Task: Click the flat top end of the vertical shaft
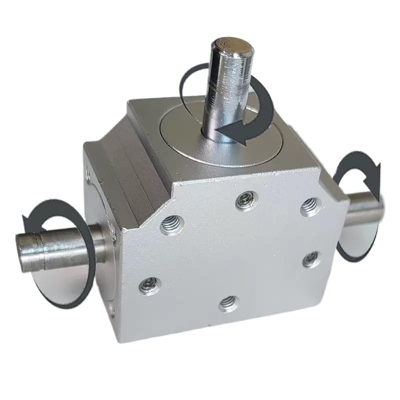[x=229, y=46]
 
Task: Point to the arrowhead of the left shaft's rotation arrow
[x=30, y=218]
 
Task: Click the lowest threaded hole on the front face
[x=228, y=301]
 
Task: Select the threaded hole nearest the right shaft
[x=309, y=205]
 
